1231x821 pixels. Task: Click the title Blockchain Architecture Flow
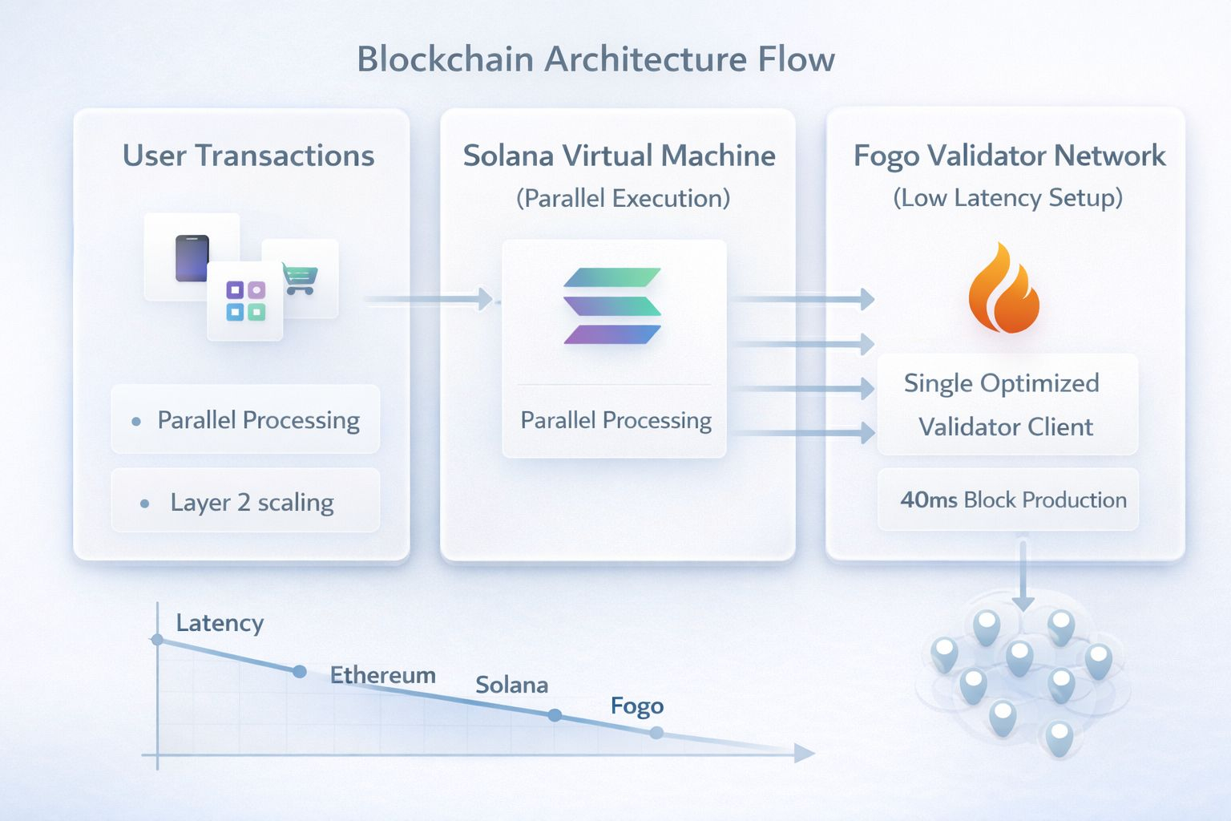[595, 59]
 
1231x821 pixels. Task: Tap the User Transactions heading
[248, 156]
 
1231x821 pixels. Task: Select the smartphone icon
[192, 258]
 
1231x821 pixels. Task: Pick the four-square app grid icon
[245, 301]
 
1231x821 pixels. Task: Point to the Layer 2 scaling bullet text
[252, 503]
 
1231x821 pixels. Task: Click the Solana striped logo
[612, 306]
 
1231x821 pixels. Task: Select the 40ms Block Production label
[1013, 499]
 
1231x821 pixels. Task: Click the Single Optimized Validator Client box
[1007, 404]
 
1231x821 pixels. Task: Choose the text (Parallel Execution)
[623, 198]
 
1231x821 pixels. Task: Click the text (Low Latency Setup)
[1007, 197]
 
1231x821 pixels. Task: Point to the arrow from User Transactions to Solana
[429, 299]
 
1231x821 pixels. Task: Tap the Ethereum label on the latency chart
[383, 675]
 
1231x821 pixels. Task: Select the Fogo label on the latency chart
[637, 706]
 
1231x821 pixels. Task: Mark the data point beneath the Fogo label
[656, 732]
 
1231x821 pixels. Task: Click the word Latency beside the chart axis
[220, 623]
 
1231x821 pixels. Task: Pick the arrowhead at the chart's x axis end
[804, 753]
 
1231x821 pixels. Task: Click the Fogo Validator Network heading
[1009, 156]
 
